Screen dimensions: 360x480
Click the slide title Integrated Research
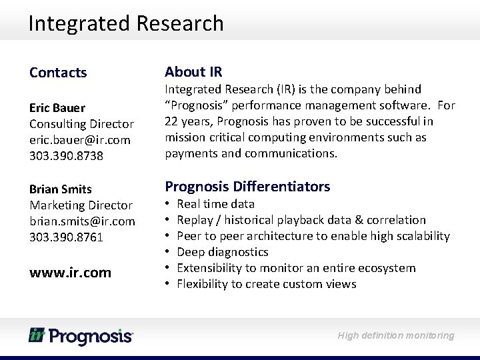click(x=126, y=23)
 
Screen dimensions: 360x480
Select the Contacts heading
click(x=58, y=73)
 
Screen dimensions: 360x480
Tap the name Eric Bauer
click(x=57, y=108)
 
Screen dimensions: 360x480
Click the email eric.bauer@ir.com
click(x=80, y=140)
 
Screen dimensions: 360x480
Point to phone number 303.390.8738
click(x=66, y=156)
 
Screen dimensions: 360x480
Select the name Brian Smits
click(x=61, y=189)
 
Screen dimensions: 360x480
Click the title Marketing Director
click(x=81, y=205)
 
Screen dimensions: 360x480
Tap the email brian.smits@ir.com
click(x=82, y=221)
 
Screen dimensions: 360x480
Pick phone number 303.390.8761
click(x=66, y=237)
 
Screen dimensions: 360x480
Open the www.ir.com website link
click(x=70, y=273)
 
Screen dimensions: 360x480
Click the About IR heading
click(x=193, y=72)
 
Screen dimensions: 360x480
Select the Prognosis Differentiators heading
click(x=247, y=187)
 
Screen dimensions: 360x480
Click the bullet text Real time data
click(x=215, y=204)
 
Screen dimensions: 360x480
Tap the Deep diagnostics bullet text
click(x=222, y=252)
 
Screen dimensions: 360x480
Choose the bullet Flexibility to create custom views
click(x=266, y=284)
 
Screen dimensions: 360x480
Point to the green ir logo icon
click(x=37, y=335)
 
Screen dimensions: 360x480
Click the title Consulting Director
click(x=81, y=124)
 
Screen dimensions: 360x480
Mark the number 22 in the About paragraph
click(x=171, y=121)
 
